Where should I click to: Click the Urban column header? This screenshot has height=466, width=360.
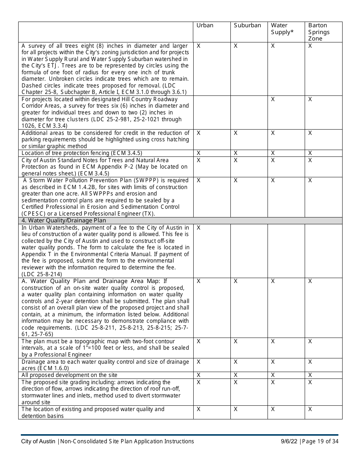point(205,25)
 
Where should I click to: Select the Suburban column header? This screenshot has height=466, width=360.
point(247,25)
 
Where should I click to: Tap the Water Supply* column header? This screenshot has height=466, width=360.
point(282,29)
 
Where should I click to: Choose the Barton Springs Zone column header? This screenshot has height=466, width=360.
point(319,32)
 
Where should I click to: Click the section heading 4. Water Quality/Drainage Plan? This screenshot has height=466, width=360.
point(64,220)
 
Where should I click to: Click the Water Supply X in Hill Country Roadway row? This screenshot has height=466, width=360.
point(273,99)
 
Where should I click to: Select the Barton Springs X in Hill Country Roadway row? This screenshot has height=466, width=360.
point(310,99)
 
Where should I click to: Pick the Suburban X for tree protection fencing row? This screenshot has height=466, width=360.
point(236,153)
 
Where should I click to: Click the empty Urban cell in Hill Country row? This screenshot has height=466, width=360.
point(211,113)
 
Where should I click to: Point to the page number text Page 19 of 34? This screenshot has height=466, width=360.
point(321,441)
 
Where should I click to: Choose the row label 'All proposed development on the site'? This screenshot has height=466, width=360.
point(69,375)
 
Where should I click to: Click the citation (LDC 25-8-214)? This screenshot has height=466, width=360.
point(42,274)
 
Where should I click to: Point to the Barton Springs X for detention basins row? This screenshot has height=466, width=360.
point(310,409)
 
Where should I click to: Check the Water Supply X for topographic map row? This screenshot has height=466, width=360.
point(273,341)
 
